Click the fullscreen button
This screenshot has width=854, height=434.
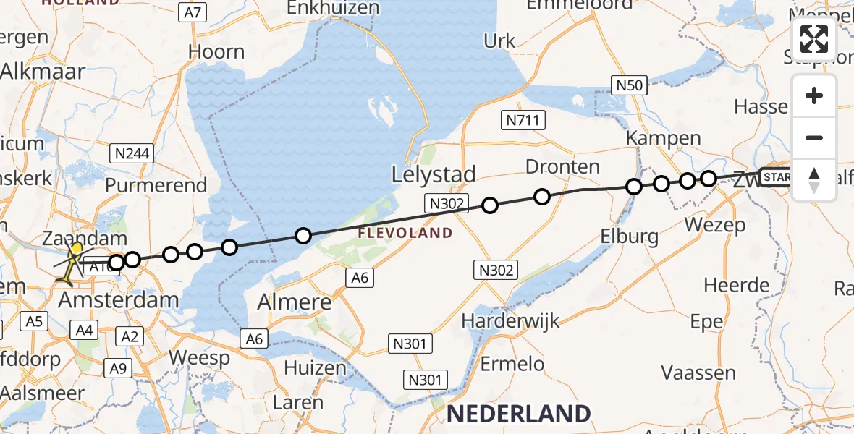(x=814, y=39)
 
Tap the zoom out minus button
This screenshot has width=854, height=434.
(x=814, y=137)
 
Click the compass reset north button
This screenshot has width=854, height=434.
(x=814, y=179)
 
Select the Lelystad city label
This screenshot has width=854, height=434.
(x=434, y=174)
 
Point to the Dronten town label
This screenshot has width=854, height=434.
(x=562, y=167)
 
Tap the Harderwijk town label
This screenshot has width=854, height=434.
(x=511, y=320)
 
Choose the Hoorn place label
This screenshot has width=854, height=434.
(x=216, y=52)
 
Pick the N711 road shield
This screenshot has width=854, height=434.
(x=523, y=120)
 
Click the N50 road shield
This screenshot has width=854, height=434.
(x=629, y=85)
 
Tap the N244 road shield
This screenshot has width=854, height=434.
(x=130, y=153)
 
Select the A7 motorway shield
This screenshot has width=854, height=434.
(x=193, y=12)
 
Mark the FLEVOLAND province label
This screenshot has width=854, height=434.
(x=405, y=234)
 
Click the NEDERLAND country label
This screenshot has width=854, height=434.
(x=518, y=414)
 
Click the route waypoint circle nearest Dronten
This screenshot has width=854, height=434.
(x=541, y=196)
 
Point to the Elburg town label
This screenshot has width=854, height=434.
(x=629, y=236)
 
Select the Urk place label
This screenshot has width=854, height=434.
(x=499, y=41)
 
